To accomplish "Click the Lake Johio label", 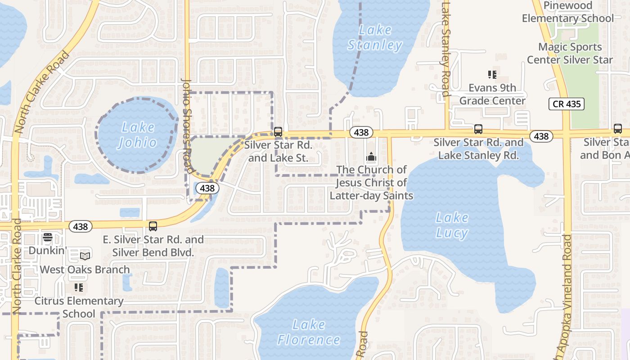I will point(138,135).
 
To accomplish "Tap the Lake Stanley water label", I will point(375,38).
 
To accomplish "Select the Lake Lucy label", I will point(452,225).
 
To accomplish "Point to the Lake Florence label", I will point(309,332).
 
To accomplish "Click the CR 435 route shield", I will point(566,104).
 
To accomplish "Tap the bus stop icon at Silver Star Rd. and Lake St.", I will point(278,132).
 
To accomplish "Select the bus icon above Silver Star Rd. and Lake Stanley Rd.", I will point(478,130).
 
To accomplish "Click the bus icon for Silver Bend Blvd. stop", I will point(153,226).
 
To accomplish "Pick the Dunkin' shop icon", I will point(48,238).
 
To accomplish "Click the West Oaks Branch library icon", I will point(85,256).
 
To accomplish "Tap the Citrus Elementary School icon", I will point(79,288).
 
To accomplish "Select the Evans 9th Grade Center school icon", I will point(492,75).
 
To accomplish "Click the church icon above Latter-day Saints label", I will point(371,157).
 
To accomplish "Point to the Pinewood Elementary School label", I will point(567,12).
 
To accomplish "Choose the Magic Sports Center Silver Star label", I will point(570,53).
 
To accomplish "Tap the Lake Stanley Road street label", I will point(446,49).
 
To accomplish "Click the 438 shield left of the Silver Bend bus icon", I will point(81,226).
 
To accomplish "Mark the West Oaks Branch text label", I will point(85,270).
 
